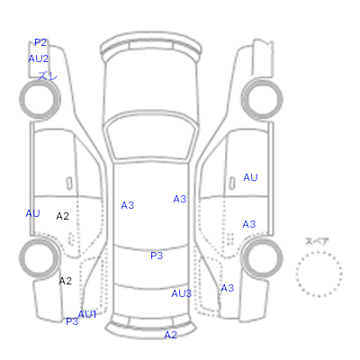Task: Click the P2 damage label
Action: [x=40, y=42]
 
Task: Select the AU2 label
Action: [x=38, y=58]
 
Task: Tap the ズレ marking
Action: [x=47, y=76]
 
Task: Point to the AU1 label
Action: [x=87, y=314]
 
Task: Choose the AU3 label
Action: [x=182, y=293]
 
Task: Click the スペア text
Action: [x=317, y=242]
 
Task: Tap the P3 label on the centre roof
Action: [x=157, y=256]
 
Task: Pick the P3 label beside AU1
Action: [x=72, y=321]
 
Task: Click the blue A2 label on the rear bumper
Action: [x=170, y=335]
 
